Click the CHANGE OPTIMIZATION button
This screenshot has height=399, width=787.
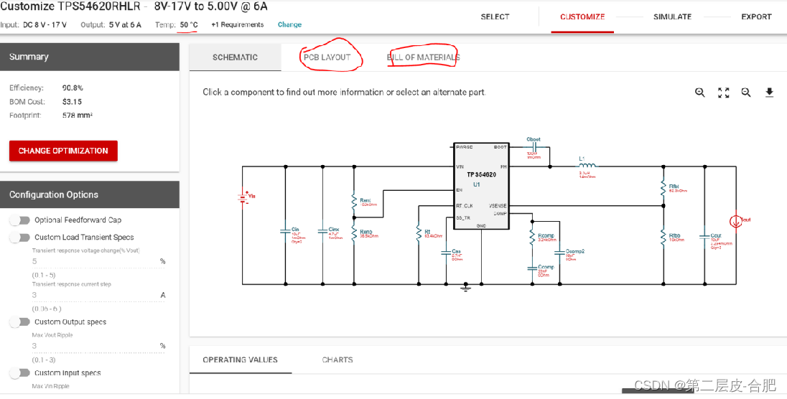[x=63, y=151]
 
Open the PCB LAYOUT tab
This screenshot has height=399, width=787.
[x=327, y=57]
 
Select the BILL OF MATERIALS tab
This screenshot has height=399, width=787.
[x=423, y=57]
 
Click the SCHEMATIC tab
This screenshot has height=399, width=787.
[x=235, y=57]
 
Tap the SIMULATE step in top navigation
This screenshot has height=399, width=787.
[x=672, y=17]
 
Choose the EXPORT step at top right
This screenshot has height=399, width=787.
[x=756, y=17]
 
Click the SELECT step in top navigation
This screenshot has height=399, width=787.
[x=495, y=17]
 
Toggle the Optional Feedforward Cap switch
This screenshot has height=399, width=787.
[x=20, y=220]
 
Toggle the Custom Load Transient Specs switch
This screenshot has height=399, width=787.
[x=20, y=238]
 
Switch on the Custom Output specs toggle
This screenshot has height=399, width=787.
[x=20, y=322]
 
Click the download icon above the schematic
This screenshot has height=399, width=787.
[x=769, y=93]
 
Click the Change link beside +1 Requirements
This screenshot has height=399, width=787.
[x=289, y=24]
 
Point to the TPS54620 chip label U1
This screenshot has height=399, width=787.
[x=476, y=184]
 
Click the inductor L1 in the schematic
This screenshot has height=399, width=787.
[x=587, y=166]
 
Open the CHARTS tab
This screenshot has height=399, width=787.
[x=337, y=360]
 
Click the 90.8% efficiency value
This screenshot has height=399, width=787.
[x=73, y=88]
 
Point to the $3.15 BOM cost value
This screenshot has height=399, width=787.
[x=72, y=101]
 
